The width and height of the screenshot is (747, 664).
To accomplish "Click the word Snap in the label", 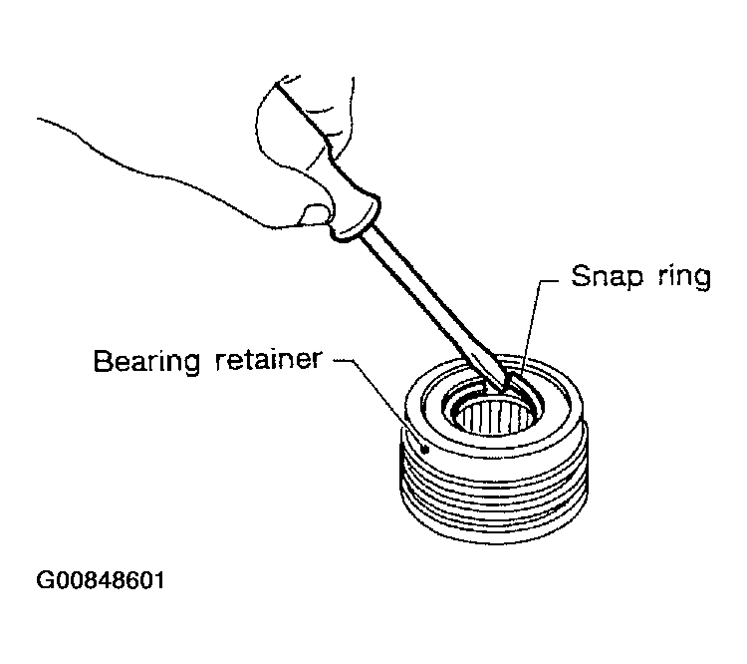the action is [x=607, y=276].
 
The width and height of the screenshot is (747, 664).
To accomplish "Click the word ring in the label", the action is [x=684, y=276].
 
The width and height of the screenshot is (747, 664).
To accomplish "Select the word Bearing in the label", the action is [x=146, y=361].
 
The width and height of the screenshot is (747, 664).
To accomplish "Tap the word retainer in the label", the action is [x=269, y=359].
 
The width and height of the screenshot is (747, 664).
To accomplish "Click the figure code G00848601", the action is [x=101, y=580].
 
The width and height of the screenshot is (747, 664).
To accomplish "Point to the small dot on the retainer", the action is [x=425, y=450].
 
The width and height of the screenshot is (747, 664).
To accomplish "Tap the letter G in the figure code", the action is [x=44, y=580].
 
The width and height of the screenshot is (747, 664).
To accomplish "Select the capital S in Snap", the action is [x=581, y=276].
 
